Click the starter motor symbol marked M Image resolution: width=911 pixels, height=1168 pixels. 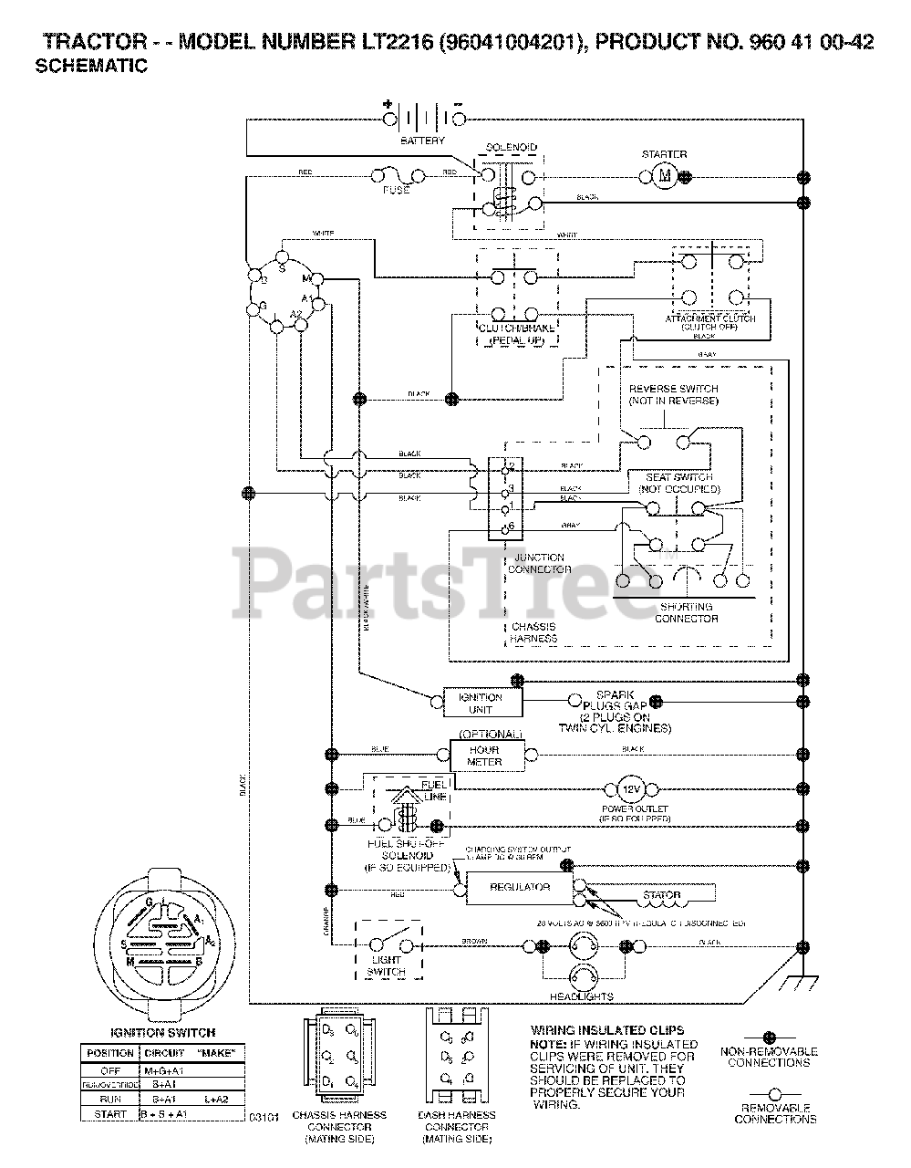665,175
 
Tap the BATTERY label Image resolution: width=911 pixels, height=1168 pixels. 423,141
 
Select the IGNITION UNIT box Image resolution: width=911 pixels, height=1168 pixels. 481,703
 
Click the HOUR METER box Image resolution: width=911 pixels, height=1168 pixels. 484,755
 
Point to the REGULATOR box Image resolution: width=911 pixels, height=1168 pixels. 520,887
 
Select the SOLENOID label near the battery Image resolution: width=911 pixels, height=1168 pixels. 512,147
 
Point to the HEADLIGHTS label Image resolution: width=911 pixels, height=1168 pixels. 582,996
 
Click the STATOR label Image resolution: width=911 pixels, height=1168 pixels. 662,895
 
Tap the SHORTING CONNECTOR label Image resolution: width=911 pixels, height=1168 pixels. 686,612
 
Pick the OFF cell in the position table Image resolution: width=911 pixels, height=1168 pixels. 109,1070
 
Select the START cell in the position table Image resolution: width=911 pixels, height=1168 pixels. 109,1114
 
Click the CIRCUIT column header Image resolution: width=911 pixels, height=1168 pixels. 164,1053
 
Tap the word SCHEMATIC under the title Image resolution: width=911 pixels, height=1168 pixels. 91,67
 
